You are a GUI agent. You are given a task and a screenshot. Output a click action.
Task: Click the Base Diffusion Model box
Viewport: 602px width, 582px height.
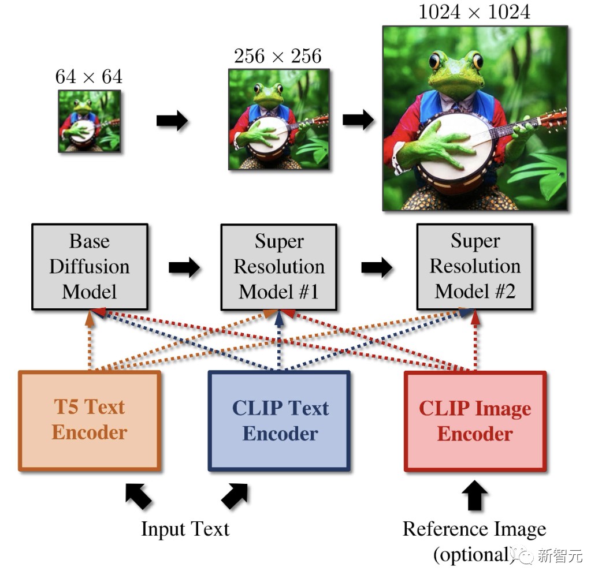coord(90,266)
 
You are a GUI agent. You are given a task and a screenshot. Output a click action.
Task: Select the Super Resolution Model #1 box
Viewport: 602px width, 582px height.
coord(278,267)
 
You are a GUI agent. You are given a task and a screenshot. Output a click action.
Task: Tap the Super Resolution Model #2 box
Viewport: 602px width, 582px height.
coord(475,266)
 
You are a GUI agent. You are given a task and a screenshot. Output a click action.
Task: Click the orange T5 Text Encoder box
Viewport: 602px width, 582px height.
coord(90,420)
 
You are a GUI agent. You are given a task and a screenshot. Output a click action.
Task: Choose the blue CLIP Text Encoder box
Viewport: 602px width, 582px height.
coord(280,421)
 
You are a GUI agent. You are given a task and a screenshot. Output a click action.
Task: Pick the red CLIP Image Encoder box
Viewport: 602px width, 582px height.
coord(475,421)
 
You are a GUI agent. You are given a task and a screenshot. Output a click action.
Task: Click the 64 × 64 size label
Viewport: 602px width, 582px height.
coord(89,77)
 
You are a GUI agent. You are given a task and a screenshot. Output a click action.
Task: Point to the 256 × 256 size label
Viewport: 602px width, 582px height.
coord(277,56)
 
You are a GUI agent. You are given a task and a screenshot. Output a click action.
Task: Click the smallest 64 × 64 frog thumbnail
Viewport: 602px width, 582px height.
coord(90,121)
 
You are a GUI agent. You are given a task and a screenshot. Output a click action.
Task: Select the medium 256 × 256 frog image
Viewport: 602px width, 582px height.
coord(278,119)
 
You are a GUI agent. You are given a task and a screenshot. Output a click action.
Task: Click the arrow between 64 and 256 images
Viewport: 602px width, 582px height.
coord(172,121)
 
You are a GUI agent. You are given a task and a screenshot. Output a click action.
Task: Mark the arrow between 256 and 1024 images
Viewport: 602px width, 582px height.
coord(358,120)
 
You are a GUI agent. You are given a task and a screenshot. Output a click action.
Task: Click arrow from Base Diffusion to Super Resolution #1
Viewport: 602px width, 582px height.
coord(184,267)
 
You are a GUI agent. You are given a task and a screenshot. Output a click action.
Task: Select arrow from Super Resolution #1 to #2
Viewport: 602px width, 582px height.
coord(377,267)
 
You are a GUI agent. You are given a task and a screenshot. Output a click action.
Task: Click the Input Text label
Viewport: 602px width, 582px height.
coord(185,529)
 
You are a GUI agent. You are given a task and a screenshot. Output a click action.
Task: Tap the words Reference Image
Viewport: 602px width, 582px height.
coord(474,529)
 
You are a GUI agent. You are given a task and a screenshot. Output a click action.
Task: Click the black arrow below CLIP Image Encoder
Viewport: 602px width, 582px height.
coord(474,496)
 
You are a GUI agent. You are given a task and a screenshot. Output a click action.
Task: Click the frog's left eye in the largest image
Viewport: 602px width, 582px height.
coord(434,60)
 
